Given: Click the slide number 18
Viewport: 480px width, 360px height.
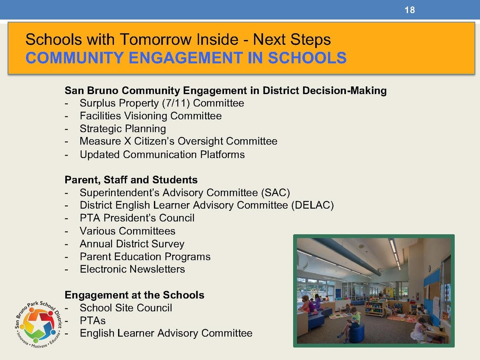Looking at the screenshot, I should pos(410,10).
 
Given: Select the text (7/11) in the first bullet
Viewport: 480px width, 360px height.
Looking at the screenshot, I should pos(177,103).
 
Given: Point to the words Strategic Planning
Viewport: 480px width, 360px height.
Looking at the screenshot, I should pos(122,129).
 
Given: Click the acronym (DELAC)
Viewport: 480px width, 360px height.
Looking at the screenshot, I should pos(312,206).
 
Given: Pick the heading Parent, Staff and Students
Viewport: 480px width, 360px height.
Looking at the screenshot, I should pos(131,180).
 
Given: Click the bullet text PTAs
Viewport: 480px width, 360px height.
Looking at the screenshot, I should pos(93,321).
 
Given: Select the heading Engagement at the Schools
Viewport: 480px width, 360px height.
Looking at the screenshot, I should pos(134,295).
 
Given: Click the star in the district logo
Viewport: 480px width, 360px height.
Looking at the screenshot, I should pos(38,322).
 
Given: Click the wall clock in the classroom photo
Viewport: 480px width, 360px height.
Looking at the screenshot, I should pos(429,268).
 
